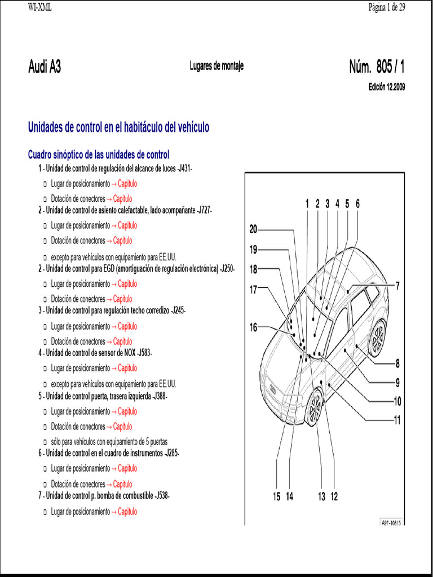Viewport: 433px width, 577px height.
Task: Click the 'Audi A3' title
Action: click(45, 67)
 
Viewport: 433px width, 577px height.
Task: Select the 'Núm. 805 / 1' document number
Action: click(377, 67)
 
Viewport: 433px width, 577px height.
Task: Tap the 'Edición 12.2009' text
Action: click(386, 87)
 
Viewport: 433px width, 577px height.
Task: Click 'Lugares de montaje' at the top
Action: click(216, 66)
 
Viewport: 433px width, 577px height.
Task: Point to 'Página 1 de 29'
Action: click(387, 7)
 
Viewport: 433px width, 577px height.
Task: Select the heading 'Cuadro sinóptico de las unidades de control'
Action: click(99, 154)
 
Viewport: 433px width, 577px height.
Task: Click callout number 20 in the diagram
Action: click(253, 229)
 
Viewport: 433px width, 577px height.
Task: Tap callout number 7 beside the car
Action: click(397, 286)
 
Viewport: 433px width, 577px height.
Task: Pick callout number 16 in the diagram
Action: click(253, 327)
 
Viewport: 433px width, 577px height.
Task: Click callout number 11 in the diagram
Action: click(397, 420)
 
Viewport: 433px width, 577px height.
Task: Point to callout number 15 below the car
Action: click(276, 496)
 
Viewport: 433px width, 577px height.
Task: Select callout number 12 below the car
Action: click(334, 496)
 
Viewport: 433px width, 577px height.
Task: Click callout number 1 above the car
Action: click(307, 204)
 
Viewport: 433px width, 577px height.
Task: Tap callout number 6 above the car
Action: click(357, 204)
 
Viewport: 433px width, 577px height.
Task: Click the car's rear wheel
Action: click(376, 338)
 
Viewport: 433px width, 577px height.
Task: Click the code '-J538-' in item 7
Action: click(161, 496)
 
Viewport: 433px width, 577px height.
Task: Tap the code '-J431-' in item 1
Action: click(184, 168)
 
